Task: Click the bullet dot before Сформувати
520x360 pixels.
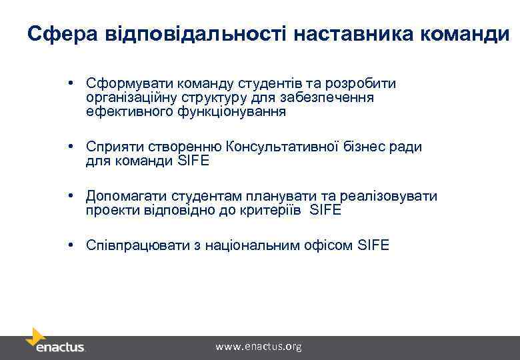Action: click(70, 83)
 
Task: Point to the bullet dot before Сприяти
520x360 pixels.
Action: click(70, 147)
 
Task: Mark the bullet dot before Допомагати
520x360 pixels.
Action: click(70, 196)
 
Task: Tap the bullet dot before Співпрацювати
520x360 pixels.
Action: click(70, 245)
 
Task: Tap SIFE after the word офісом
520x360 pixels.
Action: click(373, 245)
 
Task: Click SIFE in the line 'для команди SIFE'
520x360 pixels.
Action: click(193, 161)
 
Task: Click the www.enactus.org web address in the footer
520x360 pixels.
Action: click(258, 346)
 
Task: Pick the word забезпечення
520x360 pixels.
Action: click(327, 98)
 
